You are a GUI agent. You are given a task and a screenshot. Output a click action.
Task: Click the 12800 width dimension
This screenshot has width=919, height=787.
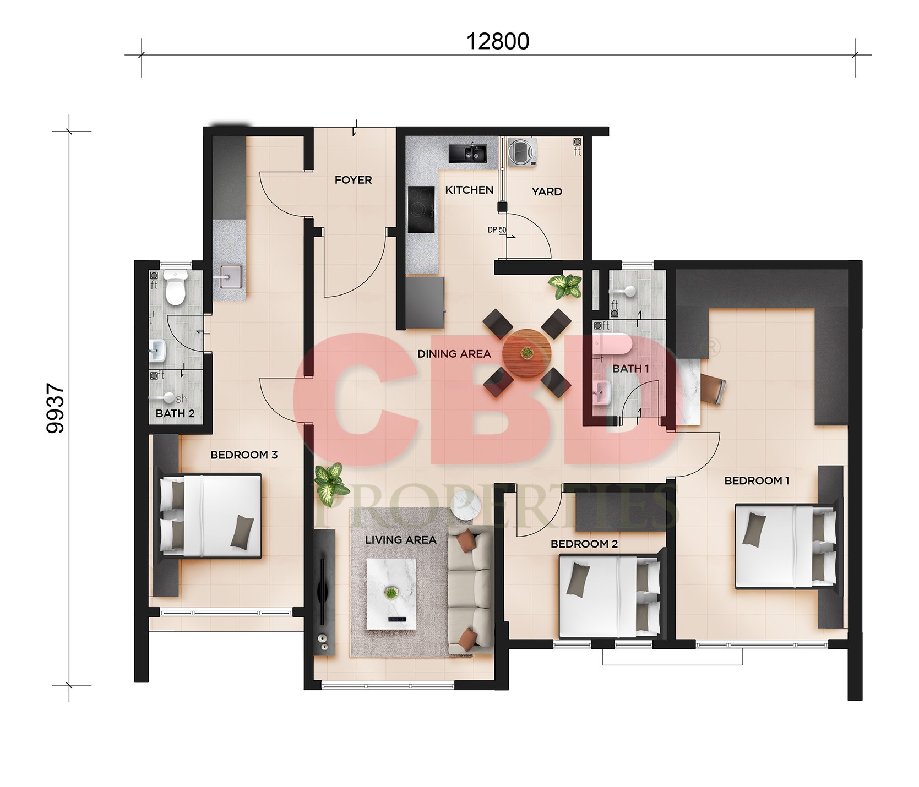[498, 41]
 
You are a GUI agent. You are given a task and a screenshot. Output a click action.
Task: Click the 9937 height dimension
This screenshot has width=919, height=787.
[56, 409]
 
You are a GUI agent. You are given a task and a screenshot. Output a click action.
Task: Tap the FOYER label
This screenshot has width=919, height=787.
[354, 180]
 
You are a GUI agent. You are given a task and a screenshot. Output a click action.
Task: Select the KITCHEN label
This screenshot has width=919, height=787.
[469, 190]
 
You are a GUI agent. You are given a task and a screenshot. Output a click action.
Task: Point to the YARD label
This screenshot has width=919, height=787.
[547, 192]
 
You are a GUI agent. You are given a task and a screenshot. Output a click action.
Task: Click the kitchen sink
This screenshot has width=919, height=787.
[467, 153]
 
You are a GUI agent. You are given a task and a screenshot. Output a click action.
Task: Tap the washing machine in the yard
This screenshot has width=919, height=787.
[522, 152]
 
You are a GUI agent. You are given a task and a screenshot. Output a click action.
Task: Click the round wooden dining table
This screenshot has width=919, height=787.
[527, 353]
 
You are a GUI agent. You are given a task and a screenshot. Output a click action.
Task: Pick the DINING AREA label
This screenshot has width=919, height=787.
[454, 354]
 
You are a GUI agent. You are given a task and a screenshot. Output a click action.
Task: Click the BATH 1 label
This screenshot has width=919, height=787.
[631, 369]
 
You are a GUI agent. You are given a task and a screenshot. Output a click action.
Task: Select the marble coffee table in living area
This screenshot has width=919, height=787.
[391, 593]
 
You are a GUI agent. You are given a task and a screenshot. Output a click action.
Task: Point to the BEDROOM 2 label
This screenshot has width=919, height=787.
[584, 544]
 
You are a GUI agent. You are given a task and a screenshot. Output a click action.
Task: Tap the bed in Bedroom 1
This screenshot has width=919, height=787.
[786, 548]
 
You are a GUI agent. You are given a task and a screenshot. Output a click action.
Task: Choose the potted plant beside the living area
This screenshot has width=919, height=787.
[329, 484]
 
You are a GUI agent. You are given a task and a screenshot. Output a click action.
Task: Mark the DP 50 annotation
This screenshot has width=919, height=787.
[497, 231]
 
